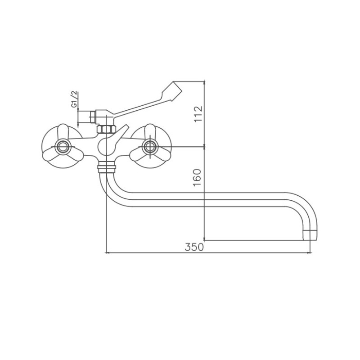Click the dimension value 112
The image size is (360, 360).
(x=198, y=114)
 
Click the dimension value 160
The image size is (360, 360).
(x=197, y=178)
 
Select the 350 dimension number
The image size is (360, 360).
(x=194, y=247)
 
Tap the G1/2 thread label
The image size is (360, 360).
(x=74, y=99)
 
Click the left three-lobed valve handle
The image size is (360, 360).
(x=63, y=147)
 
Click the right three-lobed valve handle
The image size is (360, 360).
(x=150, y=147)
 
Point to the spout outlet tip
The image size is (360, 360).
(x=310, y=235)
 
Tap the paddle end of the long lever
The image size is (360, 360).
(x=172, y=91)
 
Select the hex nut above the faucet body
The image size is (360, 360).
(x=106, y=129)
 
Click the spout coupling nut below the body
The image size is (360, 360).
(x=107, y=167)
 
